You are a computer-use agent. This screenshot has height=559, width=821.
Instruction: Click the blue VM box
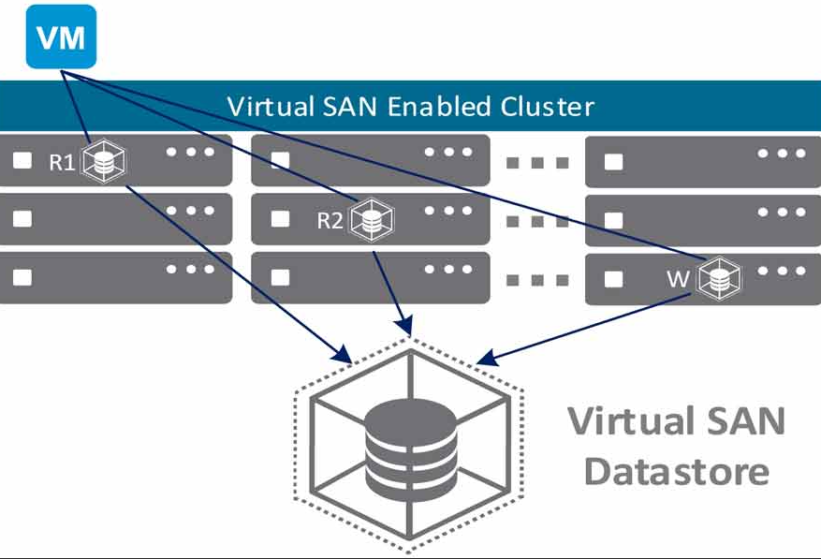click(x=61, y=37)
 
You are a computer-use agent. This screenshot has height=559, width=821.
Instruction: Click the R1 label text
click(x=62, y=162)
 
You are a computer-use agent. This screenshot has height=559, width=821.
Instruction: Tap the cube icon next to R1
click(x=104, y=161)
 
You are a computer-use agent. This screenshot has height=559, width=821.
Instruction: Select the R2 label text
click(x=330, y=221)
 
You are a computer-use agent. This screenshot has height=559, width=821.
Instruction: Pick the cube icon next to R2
click(x=372, y=219)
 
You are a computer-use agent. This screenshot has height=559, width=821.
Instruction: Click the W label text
click(x=678, y=279)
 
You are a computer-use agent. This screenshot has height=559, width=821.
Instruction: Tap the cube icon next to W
click(x=719, y=278)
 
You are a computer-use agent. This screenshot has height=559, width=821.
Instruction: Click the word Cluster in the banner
click(x=547, y=107)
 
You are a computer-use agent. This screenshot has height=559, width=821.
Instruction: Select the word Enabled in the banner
click(x=439, y=107)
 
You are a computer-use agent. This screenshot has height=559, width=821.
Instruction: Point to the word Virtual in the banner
click(x=271, y=107)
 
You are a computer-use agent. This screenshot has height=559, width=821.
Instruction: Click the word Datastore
click(x=677, y=472)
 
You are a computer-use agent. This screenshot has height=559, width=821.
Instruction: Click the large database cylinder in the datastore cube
click(x=410, y=449)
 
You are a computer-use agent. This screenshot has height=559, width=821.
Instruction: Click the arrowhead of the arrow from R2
click(x=405, y=325)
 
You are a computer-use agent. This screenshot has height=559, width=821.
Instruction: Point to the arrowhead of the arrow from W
click(x=486, y=358)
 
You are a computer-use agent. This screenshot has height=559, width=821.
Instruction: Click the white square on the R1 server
click(x=22, y=160)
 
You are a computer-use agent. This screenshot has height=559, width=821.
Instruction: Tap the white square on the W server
click(x=614, y=279)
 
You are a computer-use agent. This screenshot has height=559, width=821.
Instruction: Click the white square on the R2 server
click(x=281, y=219)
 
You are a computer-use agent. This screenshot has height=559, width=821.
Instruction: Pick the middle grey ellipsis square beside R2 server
click(x=537, y=222)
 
